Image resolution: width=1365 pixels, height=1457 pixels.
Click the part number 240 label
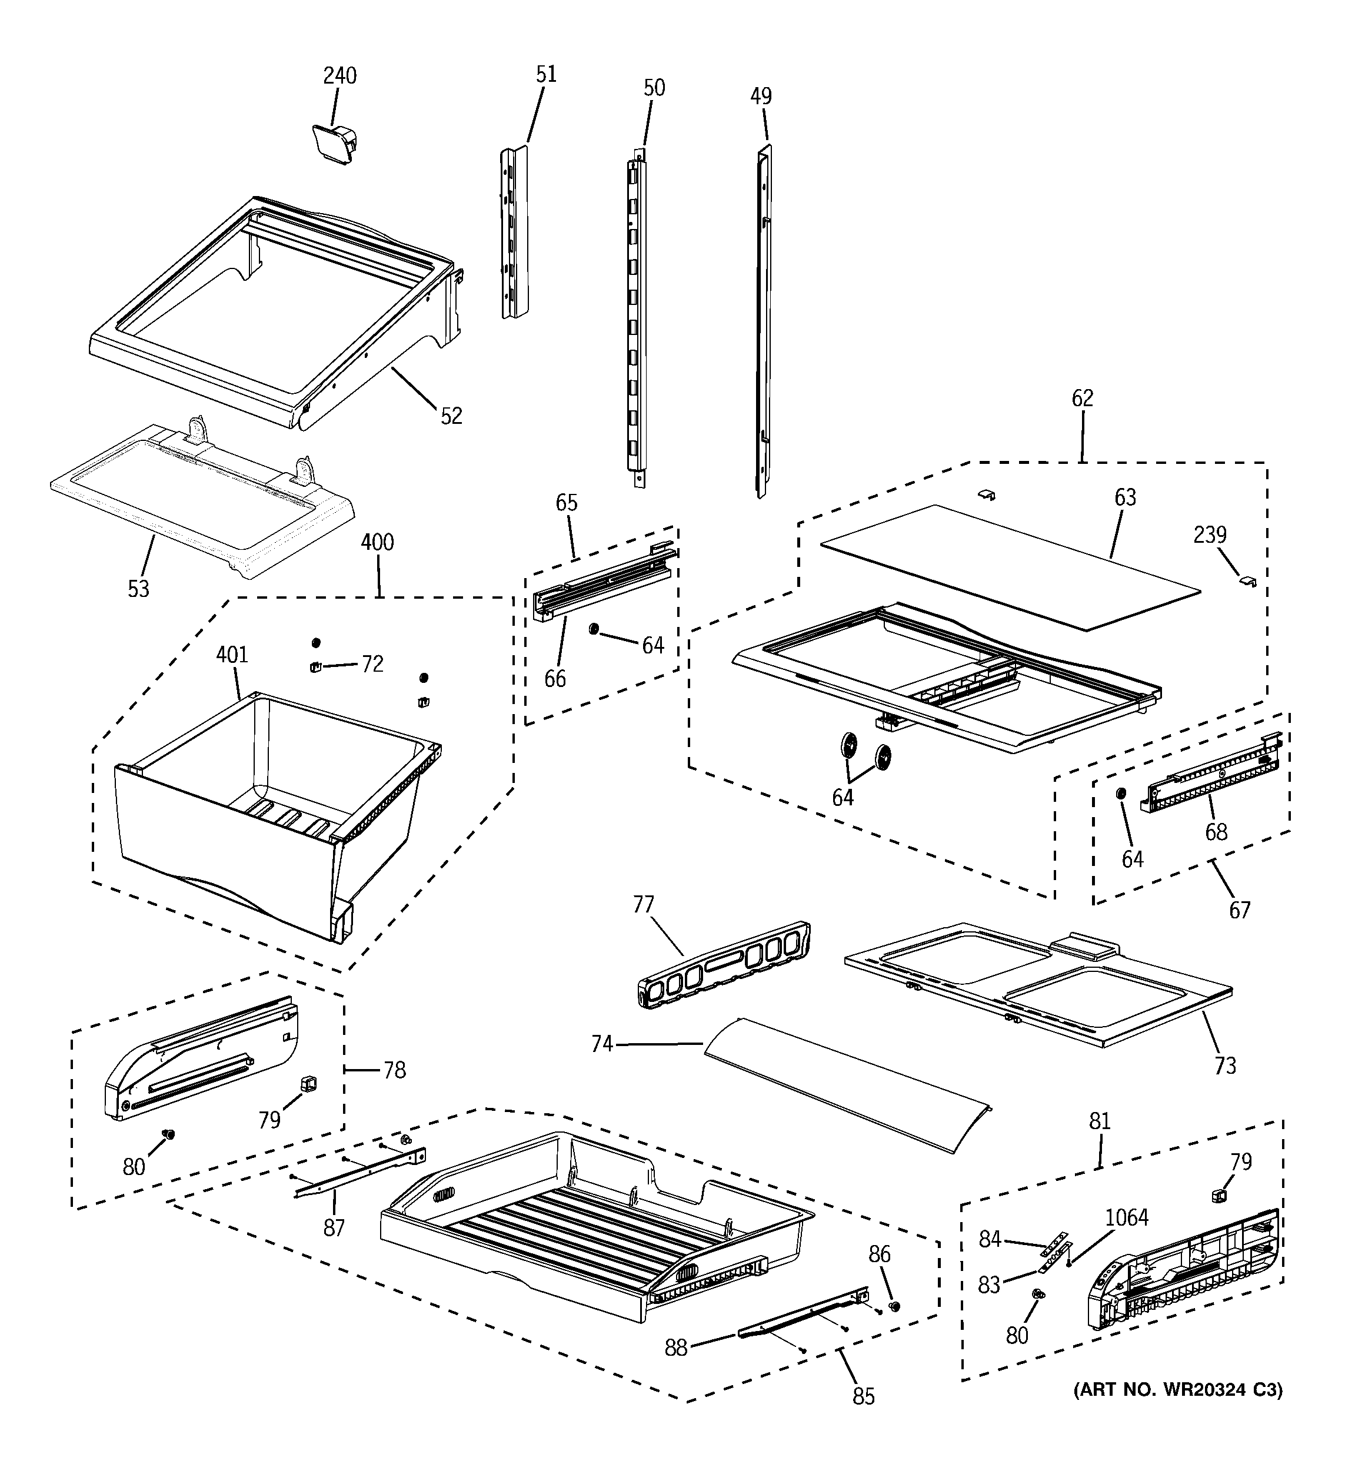[340, 75]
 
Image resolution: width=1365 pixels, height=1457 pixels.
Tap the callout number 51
[546, 74]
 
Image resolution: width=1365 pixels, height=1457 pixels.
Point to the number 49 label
[761, 96]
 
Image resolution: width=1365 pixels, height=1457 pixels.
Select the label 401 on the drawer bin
[232, 655]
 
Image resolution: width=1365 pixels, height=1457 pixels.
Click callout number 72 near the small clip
[372, 664]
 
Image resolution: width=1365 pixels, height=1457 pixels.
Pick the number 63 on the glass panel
[1125, 497]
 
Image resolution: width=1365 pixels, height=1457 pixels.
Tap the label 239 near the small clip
[1210, 535]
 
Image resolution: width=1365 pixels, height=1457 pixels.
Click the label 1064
[1127, 1217]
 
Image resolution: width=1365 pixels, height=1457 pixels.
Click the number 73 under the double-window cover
[1225, 1065]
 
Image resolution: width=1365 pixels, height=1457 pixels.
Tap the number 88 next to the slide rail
[676, 1348]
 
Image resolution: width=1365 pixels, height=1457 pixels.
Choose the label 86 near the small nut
[879, 1254]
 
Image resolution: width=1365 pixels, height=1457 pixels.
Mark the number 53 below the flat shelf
[138, 589]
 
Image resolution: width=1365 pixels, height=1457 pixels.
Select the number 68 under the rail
[1216, 832]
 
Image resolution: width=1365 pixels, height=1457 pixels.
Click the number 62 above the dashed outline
[1082, 398]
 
